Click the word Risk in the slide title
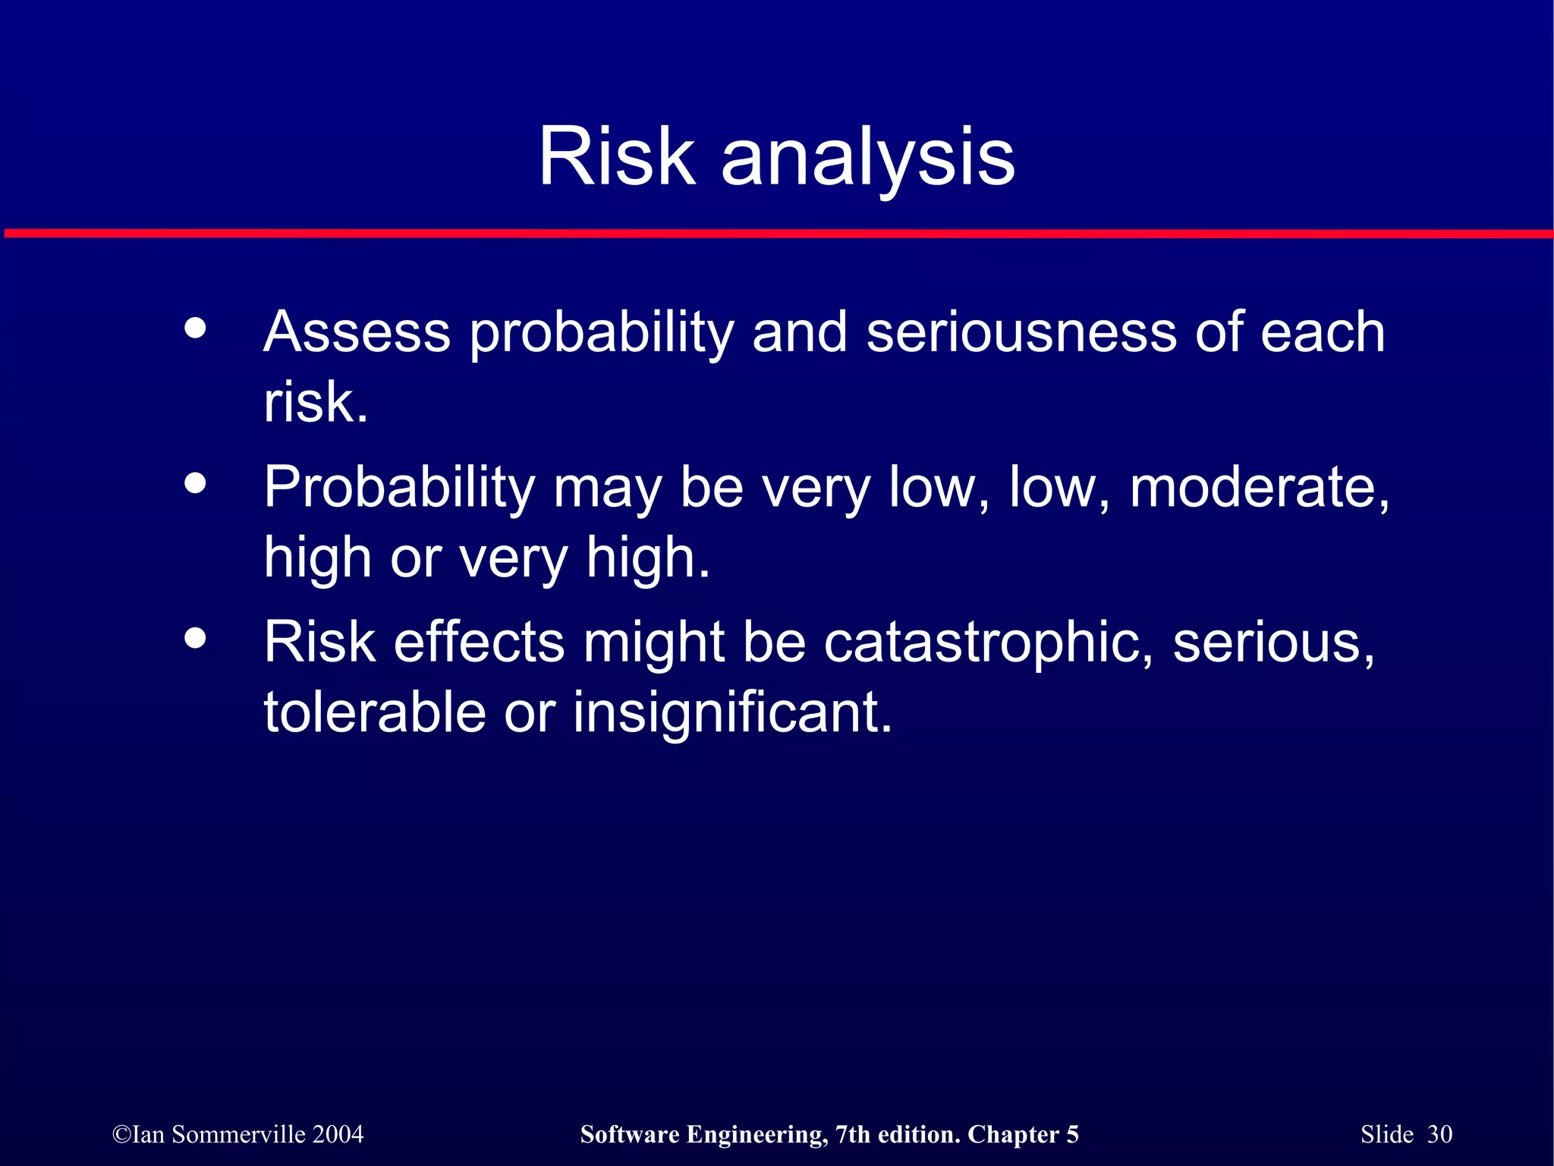(616, 156)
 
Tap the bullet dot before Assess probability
(196, 328)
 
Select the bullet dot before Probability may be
(196, 482)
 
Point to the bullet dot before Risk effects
(196, 638)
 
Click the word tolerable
(374, 712)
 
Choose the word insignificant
(731, 712)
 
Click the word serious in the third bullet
(1272, 643)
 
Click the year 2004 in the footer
(338, 1134)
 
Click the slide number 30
(1439, 1134)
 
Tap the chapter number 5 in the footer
(1072, 1134)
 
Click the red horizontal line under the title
(777, 234)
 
